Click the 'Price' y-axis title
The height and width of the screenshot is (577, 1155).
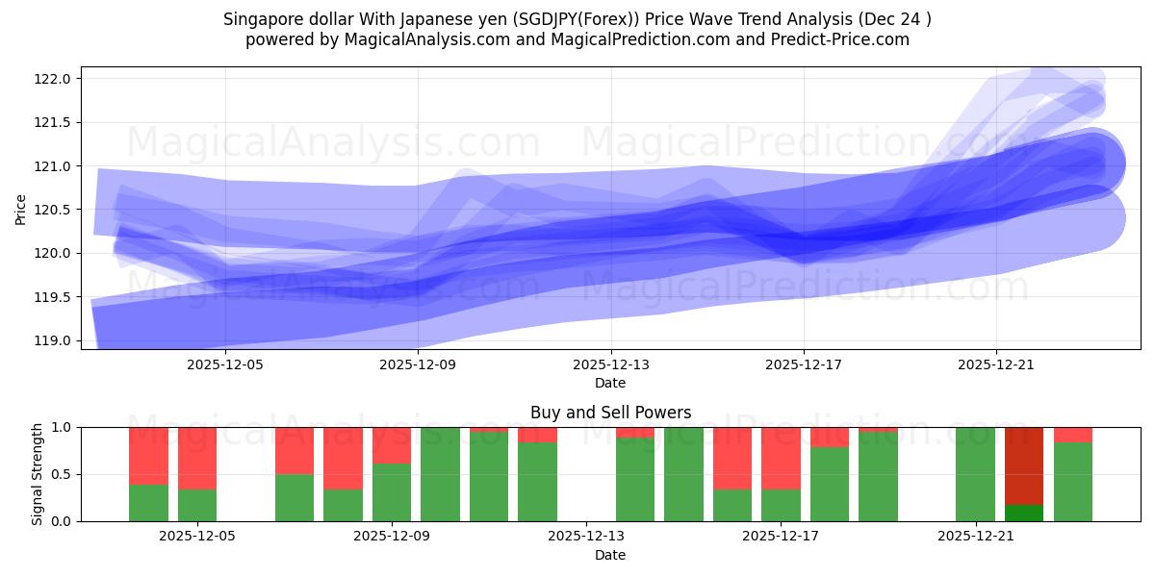[x=21, y=209]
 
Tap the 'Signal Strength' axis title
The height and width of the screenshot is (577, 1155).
[x=37, y=474]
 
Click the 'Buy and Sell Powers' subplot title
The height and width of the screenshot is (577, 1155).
[x=610, y=413]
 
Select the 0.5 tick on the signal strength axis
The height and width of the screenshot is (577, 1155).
[x=62, y=474]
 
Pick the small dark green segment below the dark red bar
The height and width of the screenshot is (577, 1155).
[x=1024, y=513]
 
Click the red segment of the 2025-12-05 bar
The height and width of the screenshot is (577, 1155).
[x=197, y=458]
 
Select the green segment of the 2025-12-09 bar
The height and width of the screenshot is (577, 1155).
[x=392, y=492]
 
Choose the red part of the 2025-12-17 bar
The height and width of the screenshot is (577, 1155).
[x=781, y=458]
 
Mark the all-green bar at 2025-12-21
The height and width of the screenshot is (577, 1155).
[x=975, y=474]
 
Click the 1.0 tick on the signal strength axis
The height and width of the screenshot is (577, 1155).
[x=62, y=427]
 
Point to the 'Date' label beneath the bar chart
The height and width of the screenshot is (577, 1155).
[x=610, y=555]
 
